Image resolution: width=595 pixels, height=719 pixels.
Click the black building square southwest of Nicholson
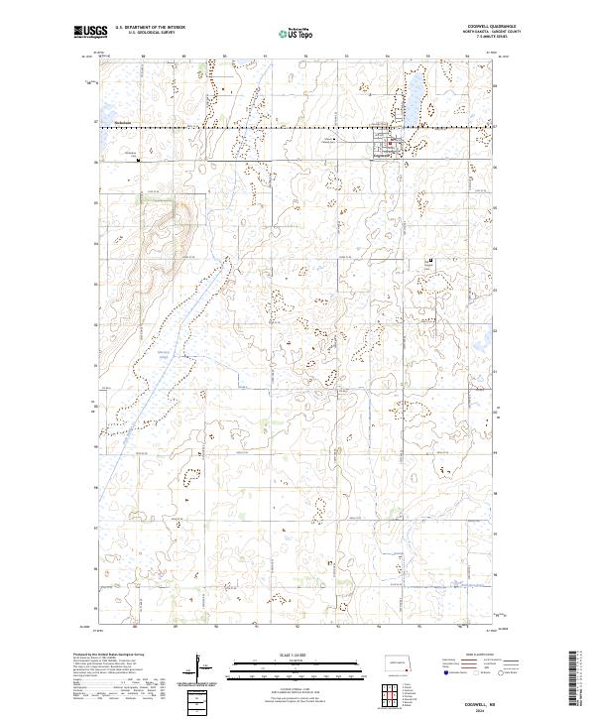pyautogui.click(x=139, y=158)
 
